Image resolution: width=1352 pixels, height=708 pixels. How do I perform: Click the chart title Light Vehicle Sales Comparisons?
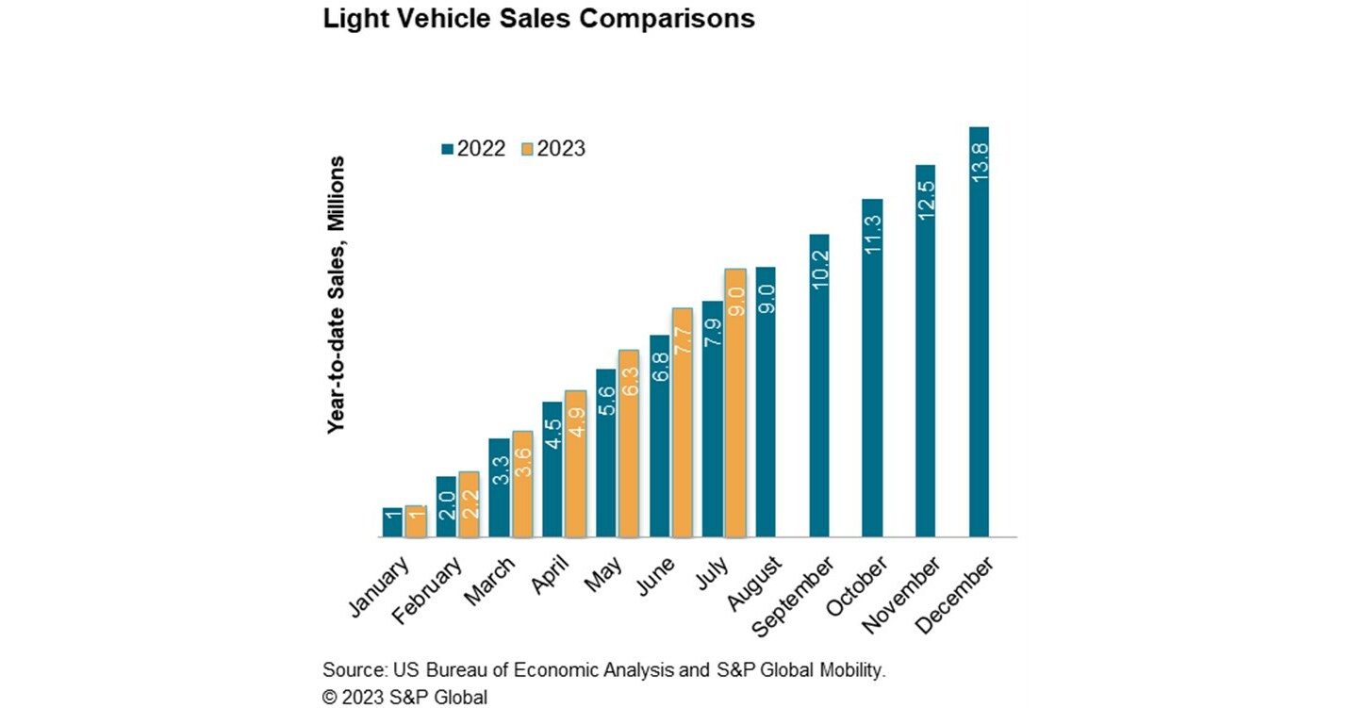pos(538,19)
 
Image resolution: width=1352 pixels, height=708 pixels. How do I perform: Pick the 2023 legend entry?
pos(553,148)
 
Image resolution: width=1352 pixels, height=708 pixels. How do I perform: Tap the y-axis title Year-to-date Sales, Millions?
pos(336,295)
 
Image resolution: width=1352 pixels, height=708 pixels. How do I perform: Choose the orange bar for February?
pos(469,504)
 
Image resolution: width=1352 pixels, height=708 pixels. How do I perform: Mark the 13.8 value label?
pos(979,162)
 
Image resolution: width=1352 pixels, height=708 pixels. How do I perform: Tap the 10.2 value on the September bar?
pos(819,269)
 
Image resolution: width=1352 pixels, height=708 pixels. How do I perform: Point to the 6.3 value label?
pos(629,385)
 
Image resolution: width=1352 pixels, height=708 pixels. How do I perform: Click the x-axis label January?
pos(380,587)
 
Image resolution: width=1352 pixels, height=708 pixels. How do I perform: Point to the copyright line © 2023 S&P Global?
pos(404,698)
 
